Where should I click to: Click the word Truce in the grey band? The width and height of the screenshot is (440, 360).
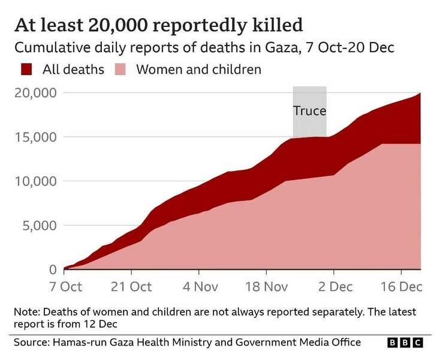click(309, 111)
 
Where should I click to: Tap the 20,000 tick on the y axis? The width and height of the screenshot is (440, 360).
click(35, 93)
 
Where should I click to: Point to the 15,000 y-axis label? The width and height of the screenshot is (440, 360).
click(35, 137)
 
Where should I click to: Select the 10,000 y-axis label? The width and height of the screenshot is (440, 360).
click(35, 182)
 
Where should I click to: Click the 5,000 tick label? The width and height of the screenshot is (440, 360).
click(38, 226)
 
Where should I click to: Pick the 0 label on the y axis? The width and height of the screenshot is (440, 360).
click(53, 270)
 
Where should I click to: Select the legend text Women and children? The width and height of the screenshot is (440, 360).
click(198, 70)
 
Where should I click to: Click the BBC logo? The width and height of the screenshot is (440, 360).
click(405, 343)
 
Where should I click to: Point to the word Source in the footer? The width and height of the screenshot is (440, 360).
click(32, 343)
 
